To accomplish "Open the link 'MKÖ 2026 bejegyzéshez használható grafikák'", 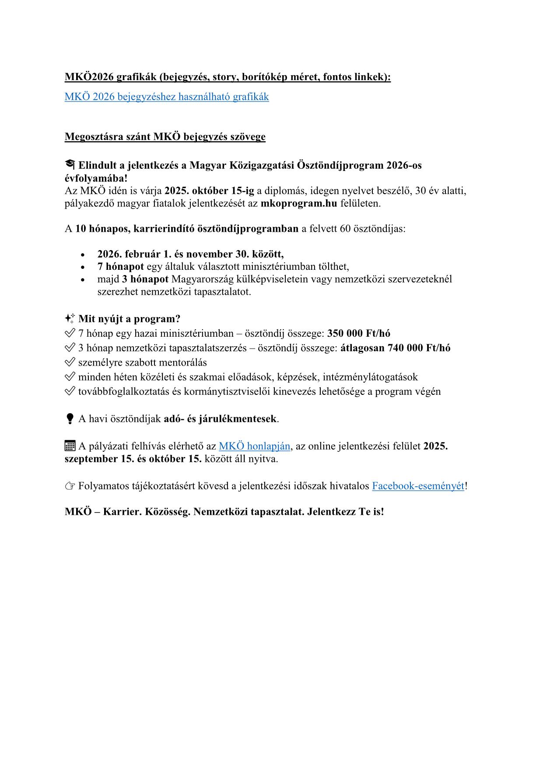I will pos(166,97).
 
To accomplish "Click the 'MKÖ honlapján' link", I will pos(254,446).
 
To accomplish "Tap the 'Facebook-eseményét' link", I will pos(418,486).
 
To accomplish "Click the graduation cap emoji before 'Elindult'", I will pos(70,165).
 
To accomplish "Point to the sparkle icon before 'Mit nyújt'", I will pos(70,318).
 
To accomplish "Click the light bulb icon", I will pos(70,419).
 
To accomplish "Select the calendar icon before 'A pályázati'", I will pos(70,446).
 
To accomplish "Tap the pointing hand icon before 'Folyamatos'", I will pos(70,486).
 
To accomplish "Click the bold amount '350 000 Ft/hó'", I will pos(359,333).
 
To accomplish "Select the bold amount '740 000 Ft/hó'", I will pos(419,348).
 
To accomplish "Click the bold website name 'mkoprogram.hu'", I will pos(299,203).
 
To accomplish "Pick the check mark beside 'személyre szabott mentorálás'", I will pos(70,363).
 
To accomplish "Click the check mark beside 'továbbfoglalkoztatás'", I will pos(70,391).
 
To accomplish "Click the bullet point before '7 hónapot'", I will pos(83,267).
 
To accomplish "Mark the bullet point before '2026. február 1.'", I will pos(83,255).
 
